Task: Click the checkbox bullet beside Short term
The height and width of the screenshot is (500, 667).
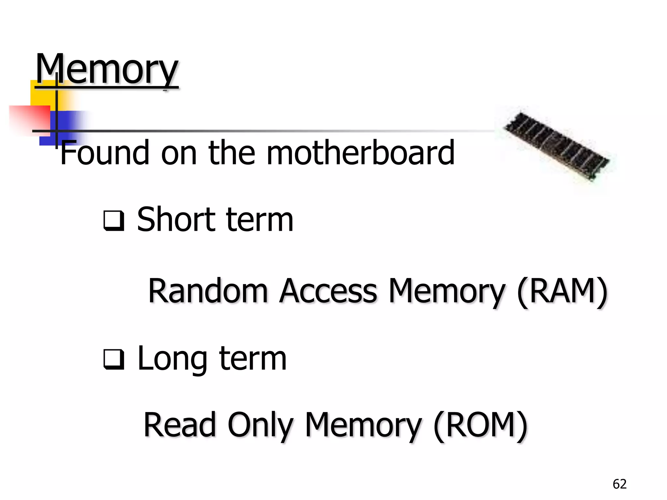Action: coord(114,221)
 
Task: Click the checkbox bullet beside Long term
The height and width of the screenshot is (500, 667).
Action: coord(114,359)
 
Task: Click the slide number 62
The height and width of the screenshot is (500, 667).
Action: coord(619,484)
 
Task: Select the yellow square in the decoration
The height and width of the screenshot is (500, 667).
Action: coord(42,93)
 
